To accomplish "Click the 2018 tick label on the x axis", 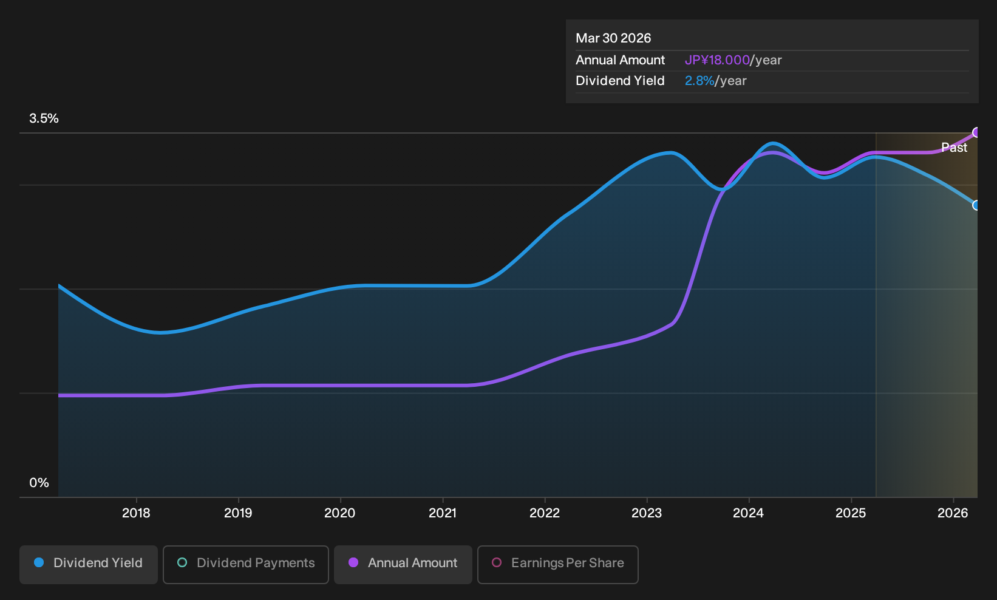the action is point(136,513).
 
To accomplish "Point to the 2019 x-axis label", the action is point(238,513).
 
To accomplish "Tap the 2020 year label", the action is point(340,513).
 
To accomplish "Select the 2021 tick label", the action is point(443,513).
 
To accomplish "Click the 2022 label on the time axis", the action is point(545,513).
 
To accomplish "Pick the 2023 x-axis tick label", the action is point(647,513).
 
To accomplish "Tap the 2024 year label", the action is point(749,513).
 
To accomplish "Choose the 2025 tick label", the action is point(851,513).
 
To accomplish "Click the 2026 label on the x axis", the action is point(953,513).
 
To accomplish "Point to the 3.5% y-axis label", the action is point(44,118).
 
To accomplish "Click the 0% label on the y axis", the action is point(39,483).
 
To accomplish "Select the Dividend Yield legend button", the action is point(89,564).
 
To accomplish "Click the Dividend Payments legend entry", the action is point(246,564).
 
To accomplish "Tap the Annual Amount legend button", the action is point(403,564).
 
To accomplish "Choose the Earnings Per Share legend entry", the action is point(557,564).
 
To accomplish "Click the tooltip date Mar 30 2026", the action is point(613,38).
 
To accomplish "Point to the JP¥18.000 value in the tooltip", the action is point(717,60).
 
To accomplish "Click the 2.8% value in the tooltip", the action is point(699,81).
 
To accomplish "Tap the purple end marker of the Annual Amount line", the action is point(976,132).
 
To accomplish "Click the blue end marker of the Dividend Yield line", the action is point(976,205).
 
